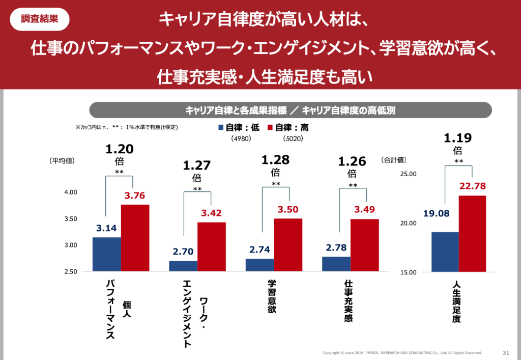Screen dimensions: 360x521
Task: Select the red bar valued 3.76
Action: pyautogui.click(x=135, y=238)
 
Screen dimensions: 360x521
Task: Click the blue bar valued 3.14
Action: pyautogui.click(x=106, y=254)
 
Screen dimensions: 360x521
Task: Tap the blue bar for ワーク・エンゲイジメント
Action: pyautogui.click(x=183, y=266)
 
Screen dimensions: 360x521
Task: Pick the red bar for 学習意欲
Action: pyautogui.click(x=288, y=245)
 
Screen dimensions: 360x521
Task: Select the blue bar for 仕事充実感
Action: pyautogui.click(x=336, y=264)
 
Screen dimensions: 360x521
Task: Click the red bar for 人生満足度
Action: pyautogui.click(x=472, y=233)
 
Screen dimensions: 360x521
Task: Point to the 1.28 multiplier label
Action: pyautogui.click(x=275, y=160)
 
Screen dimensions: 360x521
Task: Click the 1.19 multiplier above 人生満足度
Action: pyautogui.click(x=458, y=137)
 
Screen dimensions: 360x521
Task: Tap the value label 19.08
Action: pyautogui.click(x=436, y=213)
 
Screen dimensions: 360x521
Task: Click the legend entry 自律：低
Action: pyautogui.click(x=239, y=128)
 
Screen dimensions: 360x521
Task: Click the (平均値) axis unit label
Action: pyautogui.click(x=62, y=161)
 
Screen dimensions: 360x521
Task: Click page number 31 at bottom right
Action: pyautogui.click(x=506, y=352)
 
